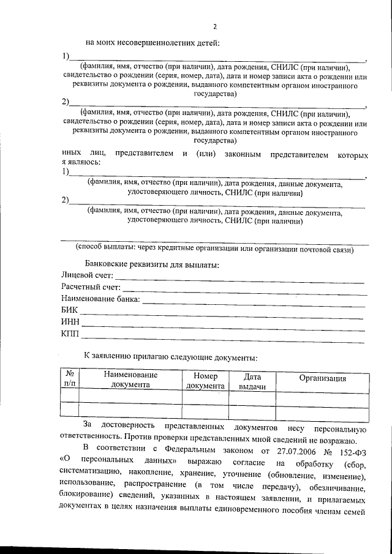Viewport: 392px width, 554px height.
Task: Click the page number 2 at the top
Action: click(x=214, y=26)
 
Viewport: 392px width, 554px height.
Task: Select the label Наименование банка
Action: click(x=100, y=299)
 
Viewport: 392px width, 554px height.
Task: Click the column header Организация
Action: click(x=323, y=378)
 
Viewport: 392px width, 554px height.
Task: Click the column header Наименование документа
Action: click(x=130, y=380)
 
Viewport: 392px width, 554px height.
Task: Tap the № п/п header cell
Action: click(x=70, y=380)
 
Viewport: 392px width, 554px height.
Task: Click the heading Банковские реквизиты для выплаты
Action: click(x=152, y=264)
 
